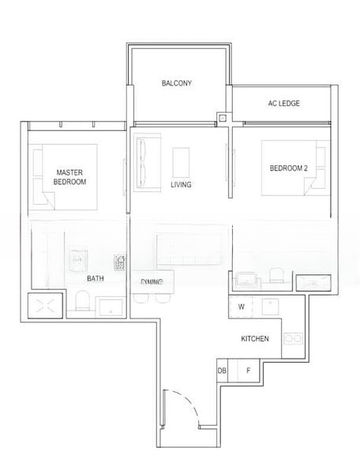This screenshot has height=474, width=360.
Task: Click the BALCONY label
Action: (x=177, y=83)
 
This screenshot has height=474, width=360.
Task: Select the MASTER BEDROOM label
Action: (x=69, y=176)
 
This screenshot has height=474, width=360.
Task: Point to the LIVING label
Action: (x=182, y=185)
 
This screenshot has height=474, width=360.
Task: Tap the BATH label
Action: (x=96, y=278)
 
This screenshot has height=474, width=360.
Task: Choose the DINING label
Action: (x=152, y=282)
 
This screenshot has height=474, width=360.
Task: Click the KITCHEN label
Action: (x=255, y=338)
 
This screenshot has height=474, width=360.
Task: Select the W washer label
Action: (x=241, y=307)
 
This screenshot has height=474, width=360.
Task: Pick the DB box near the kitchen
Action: (x=222, y=370)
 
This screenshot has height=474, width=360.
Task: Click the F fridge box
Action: (x=248, y=370)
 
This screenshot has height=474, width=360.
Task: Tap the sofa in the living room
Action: (x=147, y=164)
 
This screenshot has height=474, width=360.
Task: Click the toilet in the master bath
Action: (x=80, y=302)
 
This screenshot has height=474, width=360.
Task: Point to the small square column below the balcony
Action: (x=223, y=119)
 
